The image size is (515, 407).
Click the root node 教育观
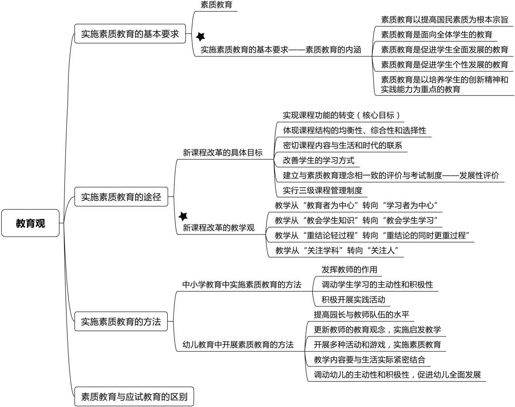point(31,223)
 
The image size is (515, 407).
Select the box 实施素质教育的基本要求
point(130,34)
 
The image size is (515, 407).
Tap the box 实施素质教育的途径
point(121,197)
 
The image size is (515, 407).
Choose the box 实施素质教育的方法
point(121,321)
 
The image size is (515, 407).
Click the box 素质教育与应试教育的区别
point(134,396)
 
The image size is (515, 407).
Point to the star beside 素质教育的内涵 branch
point(201,36)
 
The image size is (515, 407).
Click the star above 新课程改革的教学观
point(183,216)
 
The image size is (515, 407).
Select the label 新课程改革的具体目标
point(223,153)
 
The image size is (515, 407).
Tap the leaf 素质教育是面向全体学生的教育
point(437,34)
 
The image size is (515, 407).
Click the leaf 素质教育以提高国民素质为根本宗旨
point(444,19)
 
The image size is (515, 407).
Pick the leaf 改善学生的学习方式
point(319,161)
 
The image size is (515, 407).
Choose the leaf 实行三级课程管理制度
point(322,190)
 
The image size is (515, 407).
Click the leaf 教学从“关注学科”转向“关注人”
point(336,250)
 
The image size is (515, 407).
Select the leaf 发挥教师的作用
point(349,269)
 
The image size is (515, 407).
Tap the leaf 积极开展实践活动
point(353,299)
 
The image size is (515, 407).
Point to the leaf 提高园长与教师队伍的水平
point(361,315)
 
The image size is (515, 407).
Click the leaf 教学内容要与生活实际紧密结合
point(369,359)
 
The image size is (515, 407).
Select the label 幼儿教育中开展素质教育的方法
point(238,345)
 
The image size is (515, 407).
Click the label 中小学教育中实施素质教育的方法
point(242,285)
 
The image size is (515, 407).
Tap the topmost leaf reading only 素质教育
point(216,5)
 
